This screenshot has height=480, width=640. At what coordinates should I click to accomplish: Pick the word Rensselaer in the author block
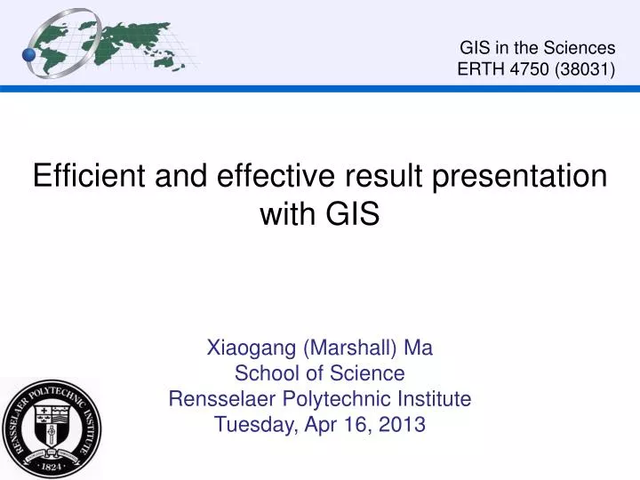218,398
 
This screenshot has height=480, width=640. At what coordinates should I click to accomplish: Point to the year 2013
404,424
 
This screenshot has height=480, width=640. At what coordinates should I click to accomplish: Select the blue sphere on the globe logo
29,55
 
